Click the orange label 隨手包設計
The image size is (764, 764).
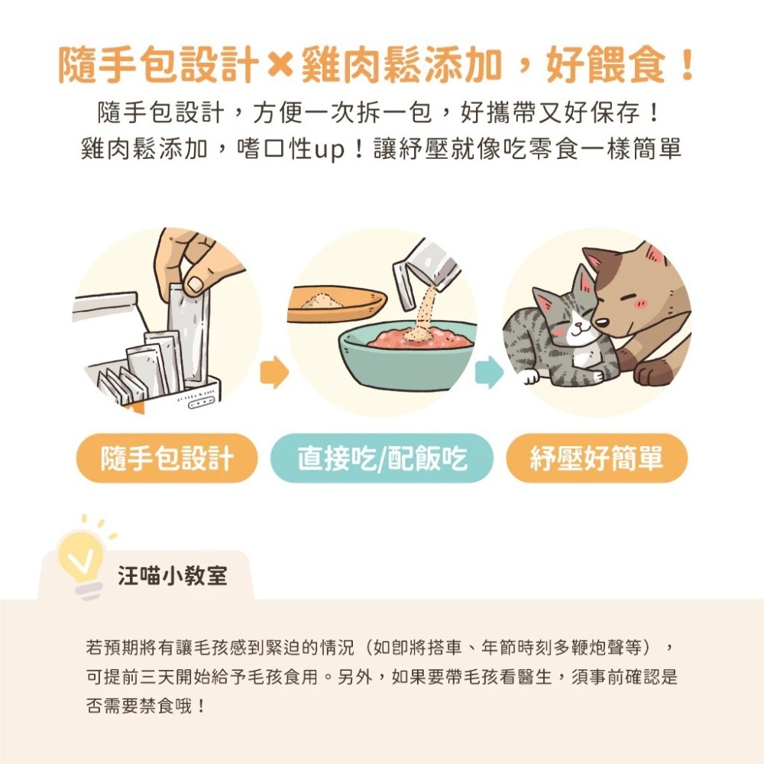pyautogui.click(x=167, y=458)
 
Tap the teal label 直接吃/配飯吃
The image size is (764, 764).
pyautogui.click(x=382, y=458)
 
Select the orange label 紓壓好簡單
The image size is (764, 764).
pyautogui.click(x=597, y=458)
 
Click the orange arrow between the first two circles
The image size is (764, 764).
pyautogui.click(x=274, y=373)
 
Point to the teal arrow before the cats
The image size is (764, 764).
pyautogui.click(x=489, y=373)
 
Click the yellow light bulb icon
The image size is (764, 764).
pyautogui.click(x=80, y=556)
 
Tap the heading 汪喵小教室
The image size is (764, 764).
pyautogui.click(x=173, y=575)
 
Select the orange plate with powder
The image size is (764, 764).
pyautogui.click(x=336, y=302)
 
